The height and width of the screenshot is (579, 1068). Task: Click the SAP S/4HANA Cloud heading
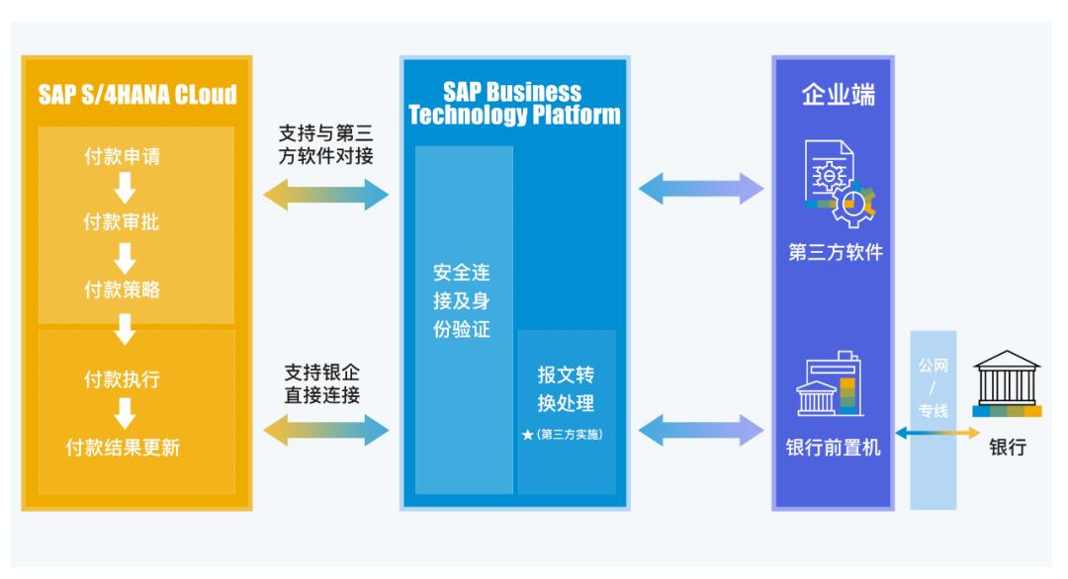(137, 95)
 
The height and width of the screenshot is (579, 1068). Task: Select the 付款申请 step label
(123, 157)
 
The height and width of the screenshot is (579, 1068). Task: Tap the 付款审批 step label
(123, 222)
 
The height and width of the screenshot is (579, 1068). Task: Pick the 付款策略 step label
(123, 289)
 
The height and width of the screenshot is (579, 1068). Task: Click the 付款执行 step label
(123, 379)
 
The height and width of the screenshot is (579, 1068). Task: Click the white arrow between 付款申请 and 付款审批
(124, 189)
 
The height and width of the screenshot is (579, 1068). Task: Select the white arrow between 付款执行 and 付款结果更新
(124, 413)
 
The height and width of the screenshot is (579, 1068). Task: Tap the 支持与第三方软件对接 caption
(327, 144)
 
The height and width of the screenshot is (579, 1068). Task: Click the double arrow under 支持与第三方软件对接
(326, 195)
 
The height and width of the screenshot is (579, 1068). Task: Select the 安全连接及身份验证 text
(462, 300)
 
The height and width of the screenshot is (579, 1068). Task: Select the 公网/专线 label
(934, 387)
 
